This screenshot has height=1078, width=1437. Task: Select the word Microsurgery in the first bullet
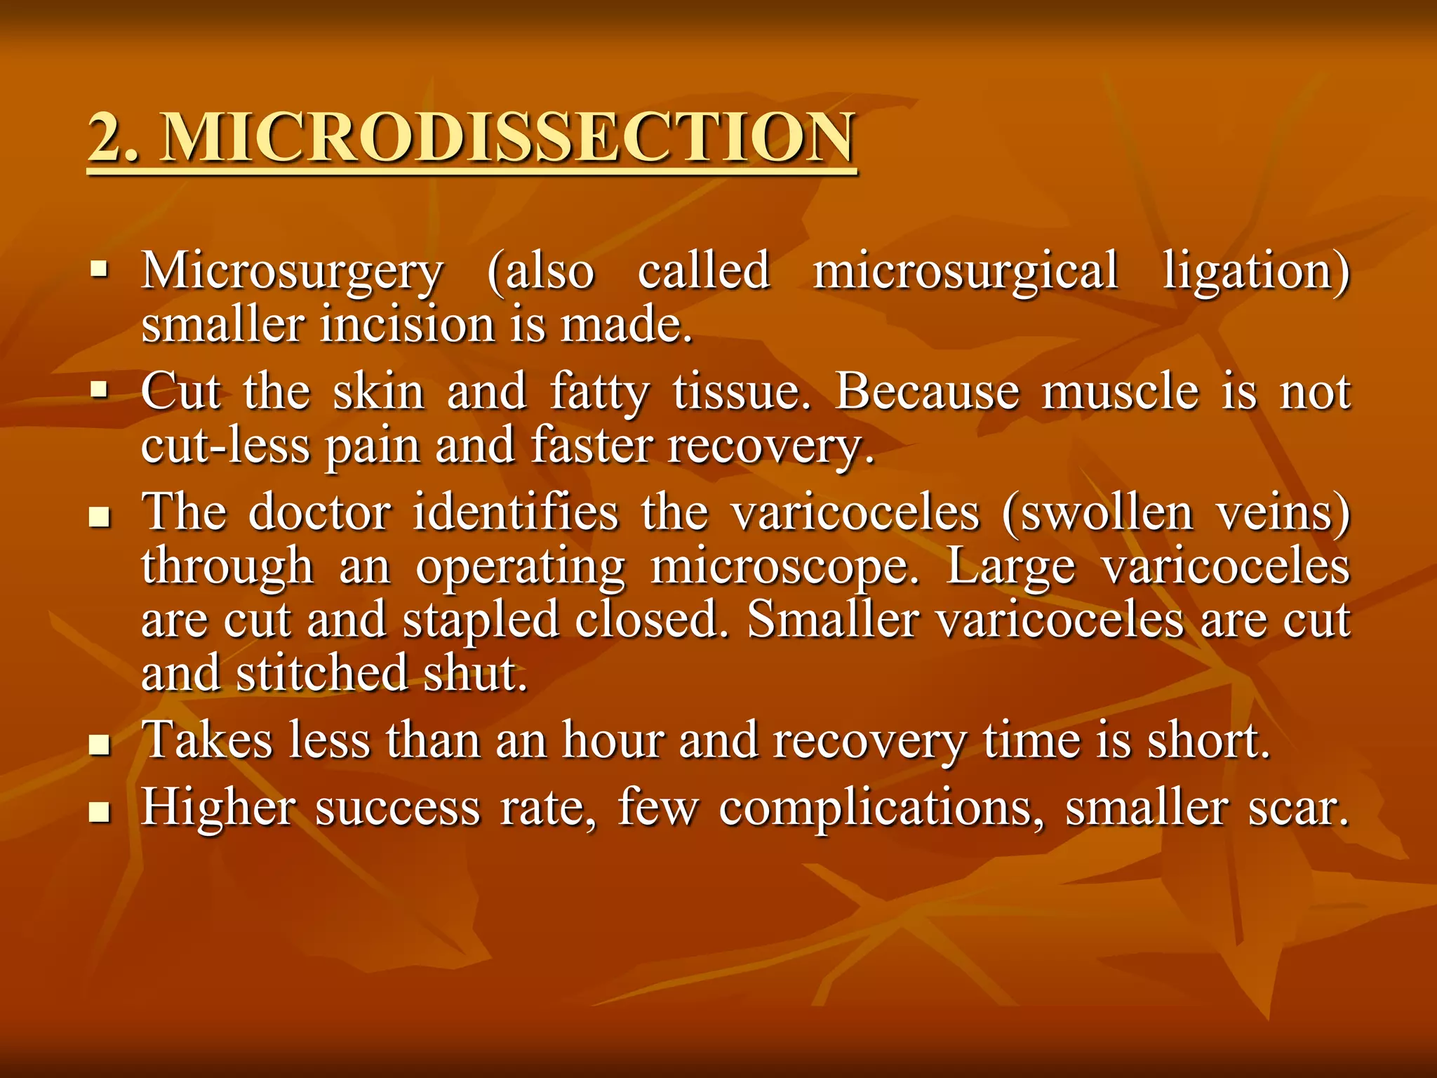[292, 272]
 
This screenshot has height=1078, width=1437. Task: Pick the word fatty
[599, 392]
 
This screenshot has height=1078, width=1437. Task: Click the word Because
[927, 392]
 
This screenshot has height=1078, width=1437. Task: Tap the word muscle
[1121, 392]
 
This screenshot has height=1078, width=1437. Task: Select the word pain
[372, 446]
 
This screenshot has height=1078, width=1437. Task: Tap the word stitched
[321, 673]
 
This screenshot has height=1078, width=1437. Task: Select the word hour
[612, 740]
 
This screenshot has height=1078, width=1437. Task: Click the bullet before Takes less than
[100, 743]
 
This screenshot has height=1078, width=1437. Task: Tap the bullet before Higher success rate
[100, 812]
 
